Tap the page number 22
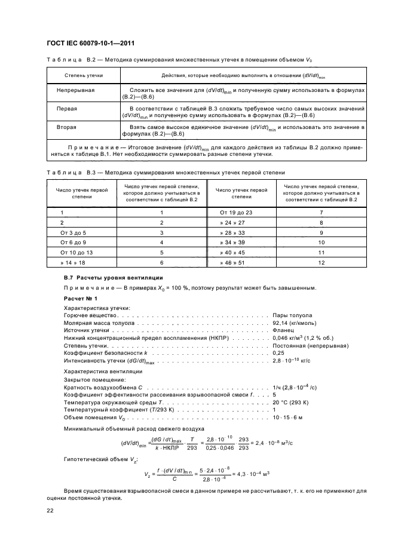[51, 510]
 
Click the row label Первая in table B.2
[66, 109]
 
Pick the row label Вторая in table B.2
[66, 128]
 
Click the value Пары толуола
[292, 315]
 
